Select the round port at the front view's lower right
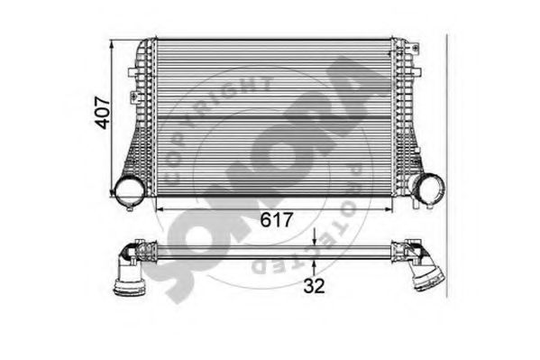click(x=427, y=188)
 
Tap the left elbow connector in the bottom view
click(x=135, y=252)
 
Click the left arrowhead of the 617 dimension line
click(x=161, y=208)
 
